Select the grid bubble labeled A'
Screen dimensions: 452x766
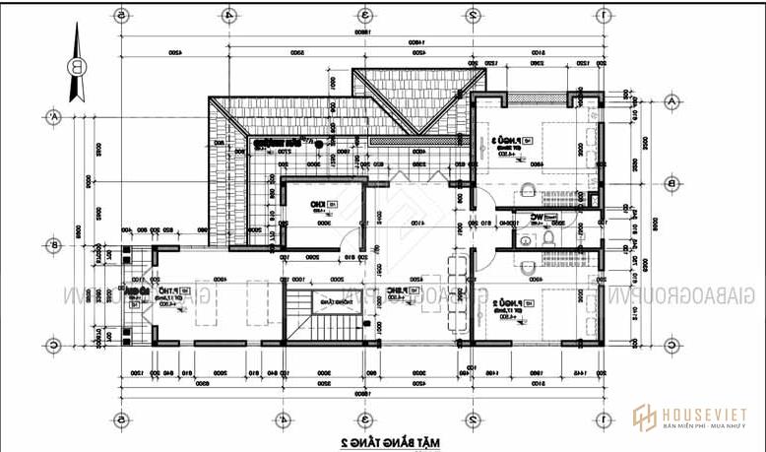50,116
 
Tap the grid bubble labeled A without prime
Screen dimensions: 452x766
671,101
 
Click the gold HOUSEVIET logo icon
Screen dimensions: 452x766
646,419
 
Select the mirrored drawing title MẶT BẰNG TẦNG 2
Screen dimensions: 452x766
383,440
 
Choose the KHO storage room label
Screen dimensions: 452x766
319,205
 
